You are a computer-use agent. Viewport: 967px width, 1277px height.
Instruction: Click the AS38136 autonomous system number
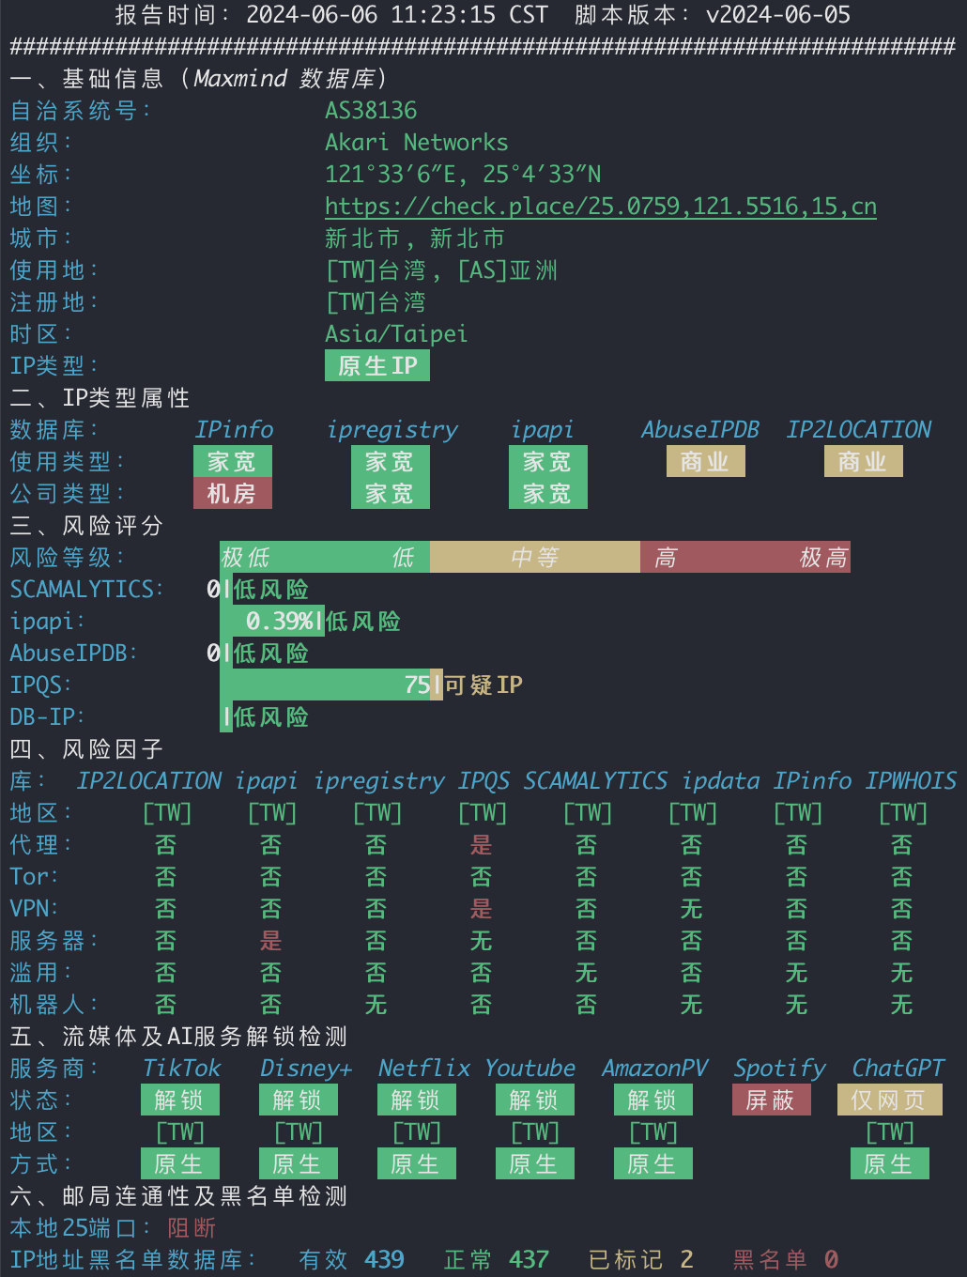[371, 111]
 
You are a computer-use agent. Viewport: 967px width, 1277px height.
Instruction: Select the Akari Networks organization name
[416, 143]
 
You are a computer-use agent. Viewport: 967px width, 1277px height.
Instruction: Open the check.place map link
[601, 207]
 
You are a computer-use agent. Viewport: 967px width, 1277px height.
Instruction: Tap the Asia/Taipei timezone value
[396, 334]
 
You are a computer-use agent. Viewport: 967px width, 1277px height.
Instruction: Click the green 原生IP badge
[377, 365]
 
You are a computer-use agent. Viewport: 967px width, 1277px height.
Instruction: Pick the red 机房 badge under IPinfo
[233, 493]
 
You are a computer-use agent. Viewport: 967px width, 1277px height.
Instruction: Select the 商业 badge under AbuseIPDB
[705, 461]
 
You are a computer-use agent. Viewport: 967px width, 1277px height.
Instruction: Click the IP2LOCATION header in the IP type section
[859, 429]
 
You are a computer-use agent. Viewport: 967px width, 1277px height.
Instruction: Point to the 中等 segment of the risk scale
[535, 557]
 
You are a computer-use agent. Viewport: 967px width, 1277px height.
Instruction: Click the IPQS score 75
[418, 685]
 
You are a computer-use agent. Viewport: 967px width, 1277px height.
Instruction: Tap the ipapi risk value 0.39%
[280, 621]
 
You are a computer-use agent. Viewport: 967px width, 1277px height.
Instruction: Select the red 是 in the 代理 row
[481, 845]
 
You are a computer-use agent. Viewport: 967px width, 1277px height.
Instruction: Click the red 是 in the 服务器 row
[271, 941]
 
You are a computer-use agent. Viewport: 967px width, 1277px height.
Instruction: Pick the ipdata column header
[721, 780]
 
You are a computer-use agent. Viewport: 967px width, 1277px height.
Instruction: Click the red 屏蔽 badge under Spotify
[771, 1100]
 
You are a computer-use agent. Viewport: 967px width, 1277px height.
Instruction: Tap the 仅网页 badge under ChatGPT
[890, 1100]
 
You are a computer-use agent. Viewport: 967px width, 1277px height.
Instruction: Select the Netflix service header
[424, 1069]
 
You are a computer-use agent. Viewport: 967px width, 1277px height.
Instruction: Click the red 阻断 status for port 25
[192, 1228]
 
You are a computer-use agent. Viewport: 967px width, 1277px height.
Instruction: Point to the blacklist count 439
[384, 1259]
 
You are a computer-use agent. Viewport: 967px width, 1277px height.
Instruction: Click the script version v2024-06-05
[778, 14]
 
